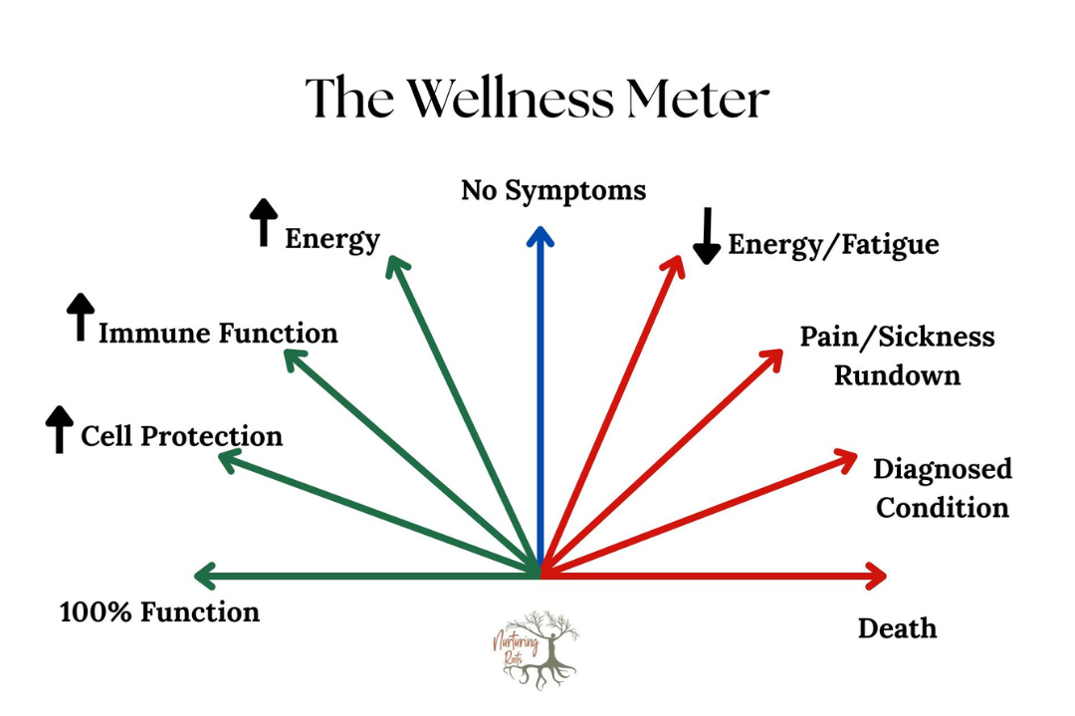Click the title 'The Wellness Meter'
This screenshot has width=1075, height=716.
(x=537, y=99)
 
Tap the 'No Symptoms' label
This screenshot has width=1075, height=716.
(x=553, y=190)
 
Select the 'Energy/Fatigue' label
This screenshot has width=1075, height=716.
(x=833, y=245)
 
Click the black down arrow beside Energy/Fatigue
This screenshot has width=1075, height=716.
(x=706, y=236)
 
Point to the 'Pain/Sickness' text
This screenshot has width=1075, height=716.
(x=897, y=337)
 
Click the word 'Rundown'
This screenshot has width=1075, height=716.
(x=897, y=376)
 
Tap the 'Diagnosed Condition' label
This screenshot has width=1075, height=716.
(x=942, y=488)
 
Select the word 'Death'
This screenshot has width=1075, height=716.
(x=897, y=628)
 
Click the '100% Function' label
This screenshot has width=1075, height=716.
(x=159, y=611)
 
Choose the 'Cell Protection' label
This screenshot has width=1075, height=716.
(x=181, y=436)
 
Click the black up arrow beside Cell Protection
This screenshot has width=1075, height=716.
(x=60, y=429)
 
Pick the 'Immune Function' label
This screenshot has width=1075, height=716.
(x=218, y=333)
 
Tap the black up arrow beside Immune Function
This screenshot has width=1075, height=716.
(x=80, y=318)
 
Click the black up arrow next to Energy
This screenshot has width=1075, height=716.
(x=264, y=222)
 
